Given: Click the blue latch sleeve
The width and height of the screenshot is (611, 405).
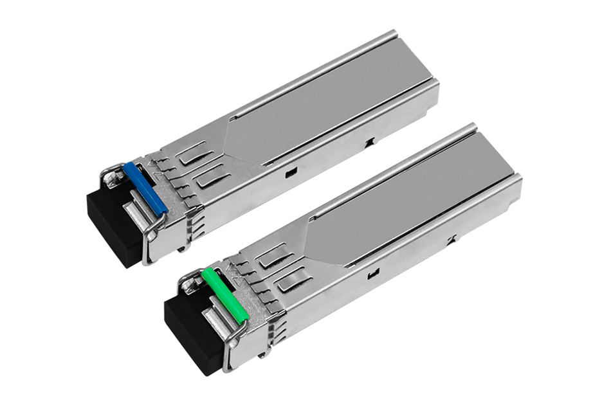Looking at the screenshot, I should point(145,188).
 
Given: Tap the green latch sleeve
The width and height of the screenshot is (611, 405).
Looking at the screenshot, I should point(225,294).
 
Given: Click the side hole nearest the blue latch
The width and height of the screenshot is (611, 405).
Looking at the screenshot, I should point(289,172).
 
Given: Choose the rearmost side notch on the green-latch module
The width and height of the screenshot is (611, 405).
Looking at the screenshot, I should point(451,240).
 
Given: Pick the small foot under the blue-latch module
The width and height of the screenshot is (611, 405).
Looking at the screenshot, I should point(187,248).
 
